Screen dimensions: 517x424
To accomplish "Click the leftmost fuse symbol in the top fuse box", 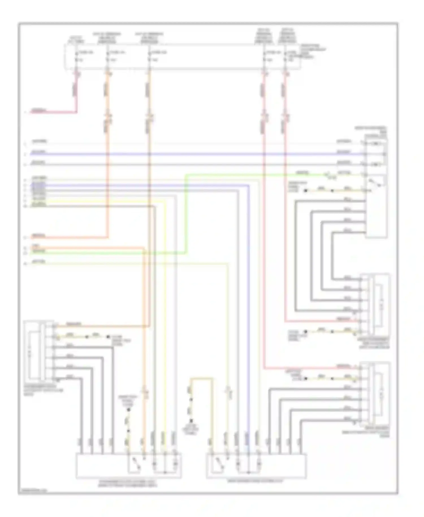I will (x=76, y=56).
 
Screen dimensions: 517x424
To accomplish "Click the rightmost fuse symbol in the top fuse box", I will (x=285, y=56).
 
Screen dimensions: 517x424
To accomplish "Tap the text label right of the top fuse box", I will (x=312, y=51).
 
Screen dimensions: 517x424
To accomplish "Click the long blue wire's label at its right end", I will (x=344, y=152).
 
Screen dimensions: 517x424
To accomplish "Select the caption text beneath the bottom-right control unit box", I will (x=256, y=481).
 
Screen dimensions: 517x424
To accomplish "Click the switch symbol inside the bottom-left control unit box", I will (x=135, y=464).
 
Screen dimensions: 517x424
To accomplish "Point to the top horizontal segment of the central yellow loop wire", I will (x=201, y=378).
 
